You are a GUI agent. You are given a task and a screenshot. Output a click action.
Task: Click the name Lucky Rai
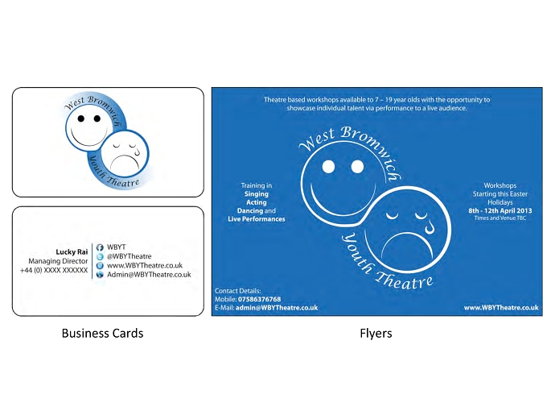click(x=72, y=252)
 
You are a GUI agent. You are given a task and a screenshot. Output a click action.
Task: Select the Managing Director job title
click(x=58, y=261)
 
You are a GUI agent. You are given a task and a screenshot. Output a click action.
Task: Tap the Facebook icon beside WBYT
click(x=100, y=247)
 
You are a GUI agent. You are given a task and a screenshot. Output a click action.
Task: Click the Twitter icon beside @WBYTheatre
click(x=100, y=256)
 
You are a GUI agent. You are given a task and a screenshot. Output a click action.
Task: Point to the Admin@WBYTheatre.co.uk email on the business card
click(x=149, y=275)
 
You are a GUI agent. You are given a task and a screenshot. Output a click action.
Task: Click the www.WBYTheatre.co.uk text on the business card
click(x=145, y=266)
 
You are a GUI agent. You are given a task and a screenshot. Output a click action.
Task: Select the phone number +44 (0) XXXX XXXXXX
click(x=54, y=270)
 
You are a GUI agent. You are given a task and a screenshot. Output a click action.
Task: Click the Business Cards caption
click(x=103, y=334)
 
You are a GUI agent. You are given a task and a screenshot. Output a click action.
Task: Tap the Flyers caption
click(x=376, y=334)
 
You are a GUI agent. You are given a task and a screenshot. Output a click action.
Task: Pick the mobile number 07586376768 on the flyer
click(x=259, y=300)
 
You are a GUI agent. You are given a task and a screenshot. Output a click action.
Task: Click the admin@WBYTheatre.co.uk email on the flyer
click(x=277, y=308)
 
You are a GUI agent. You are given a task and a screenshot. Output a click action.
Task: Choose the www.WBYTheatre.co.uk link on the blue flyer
click(x=501, y=308)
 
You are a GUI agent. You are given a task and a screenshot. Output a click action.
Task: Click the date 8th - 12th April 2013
click(x=500, y=211)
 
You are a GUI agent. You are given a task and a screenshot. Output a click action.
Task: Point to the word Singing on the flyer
click(x=257, y=194)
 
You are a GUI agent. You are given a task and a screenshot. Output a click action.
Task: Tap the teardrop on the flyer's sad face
click(x=429, y=226)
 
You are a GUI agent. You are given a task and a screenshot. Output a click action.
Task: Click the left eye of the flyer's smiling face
click(x=328, y=167)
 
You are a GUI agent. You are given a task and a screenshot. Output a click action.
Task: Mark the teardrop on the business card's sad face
click(x=137, y=152)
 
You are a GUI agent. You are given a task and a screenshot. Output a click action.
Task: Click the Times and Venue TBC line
click(x=500, y=218)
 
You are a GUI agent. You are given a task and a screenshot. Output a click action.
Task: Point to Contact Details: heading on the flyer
click(x=237, y=291)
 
